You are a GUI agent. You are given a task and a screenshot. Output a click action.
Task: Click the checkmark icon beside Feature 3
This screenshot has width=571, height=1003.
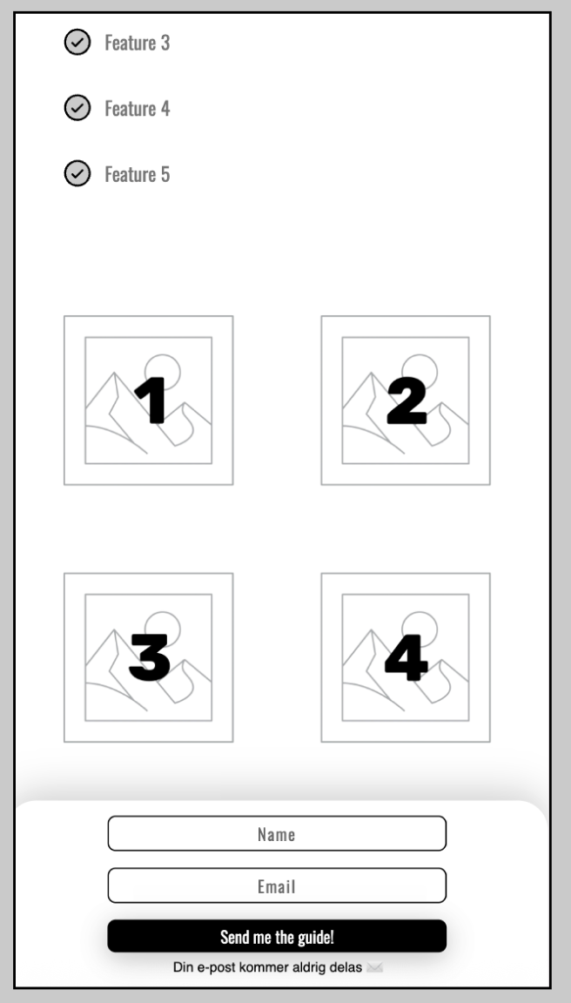(x=77, y=42)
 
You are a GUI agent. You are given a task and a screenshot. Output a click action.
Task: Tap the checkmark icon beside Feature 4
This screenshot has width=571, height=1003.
(x=77, y=107)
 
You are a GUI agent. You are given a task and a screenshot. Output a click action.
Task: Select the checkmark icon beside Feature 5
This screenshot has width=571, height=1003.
(x=77, y=172)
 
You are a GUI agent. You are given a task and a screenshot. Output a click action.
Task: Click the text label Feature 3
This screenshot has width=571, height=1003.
(x=138, y=43)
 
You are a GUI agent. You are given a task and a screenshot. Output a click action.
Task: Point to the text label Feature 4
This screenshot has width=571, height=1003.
(x=138, y=109)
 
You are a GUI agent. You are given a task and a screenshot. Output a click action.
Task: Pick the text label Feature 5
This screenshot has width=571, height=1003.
(x=138, y=174)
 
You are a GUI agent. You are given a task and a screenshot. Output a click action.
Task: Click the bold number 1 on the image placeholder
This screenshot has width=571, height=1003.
(x=151, y=401)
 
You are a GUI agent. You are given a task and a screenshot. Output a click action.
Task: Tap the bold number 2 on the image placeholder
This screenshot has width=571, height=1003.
(x=407, y=401)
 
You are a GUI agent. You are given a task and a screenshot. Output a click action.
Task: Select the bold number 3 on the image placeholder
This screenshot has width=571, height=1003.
(x=150, y=657)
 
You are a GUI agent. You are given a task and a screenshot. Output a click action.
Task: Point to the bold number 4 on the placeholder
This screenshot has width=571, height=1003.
(x=406, y=657)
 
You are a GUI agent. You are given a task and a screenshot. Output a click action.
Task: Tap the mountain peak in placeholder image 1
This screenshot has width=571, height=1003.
(x=114, y=373)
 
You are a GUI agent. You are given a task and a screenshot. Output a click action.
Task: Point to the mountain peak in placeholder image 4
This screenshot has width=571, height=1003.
(x=372, y=630)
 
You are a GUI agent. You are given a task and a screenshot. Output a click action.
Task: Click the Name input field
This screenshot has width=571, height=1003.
(x=277, y=833)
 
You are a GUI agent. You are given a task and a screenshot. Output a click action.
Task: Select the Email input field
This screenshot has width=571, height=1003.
(x=277, y=885)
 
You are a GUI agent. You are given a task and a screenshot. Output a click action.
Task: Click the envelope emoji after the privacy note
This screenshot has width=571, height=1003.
(x=374, y=967)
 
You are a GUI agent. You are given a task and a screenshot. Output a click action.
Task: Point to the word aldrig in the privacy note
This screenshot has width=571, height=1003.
(x=311, y=967)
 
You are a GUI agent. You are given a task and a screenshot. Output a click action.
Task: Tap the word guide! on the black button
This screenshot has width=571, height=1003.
(x=316, y=937)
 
